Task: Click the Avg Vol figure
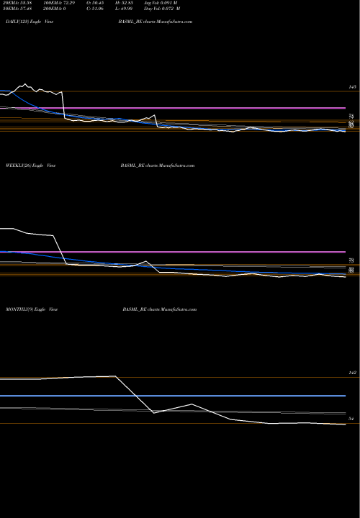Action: [x=173, y=3]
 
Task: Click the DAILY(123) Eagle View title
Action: [x=32, y=23]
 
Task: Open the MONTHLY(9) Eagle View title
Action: [x=33, y=308]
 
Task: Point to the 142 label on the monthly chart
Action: [x=352, y=373]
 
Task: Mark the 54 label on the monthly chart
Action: [x=352, y=418]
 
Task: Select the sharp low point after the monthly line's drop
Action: [x=154, y=412]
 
